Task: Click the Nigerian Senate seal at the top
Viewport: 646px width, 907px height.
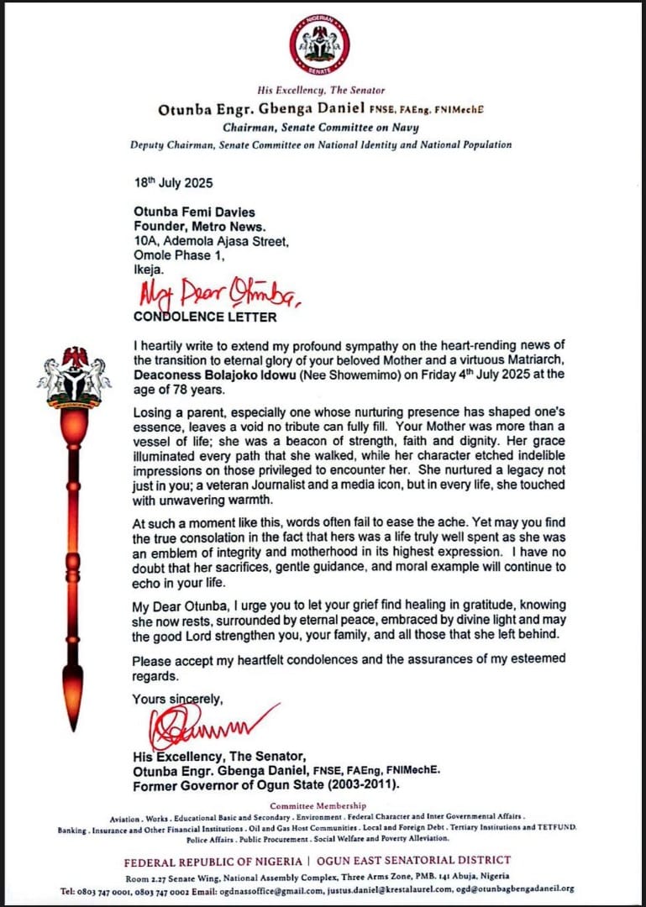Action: pos(319,44)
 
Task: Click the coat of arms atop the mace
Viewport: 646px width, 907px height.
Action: pos(74,372)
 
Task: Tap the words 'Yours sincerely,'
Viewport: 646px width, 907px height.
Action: pos(177,699)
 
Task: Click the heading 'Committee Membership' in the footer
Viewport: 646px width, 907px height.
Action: pos(318,805)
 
